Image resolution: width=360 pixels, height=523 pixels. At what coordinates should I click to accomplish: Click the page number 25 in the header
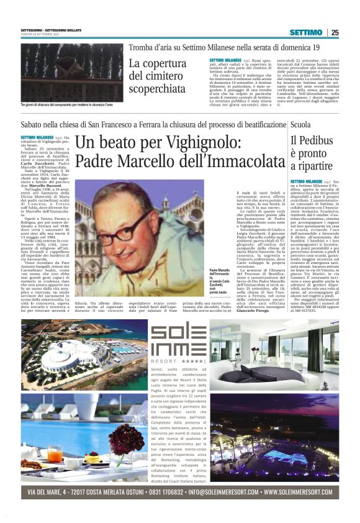click(x=334, y=32)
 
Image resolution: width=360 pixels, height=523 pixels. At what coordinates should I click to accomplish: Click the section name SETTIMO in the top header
click(x=305, y=32)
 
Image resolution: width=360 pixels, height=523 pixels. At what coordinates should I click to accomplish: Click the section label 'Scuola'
click(x=300, y=125)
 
